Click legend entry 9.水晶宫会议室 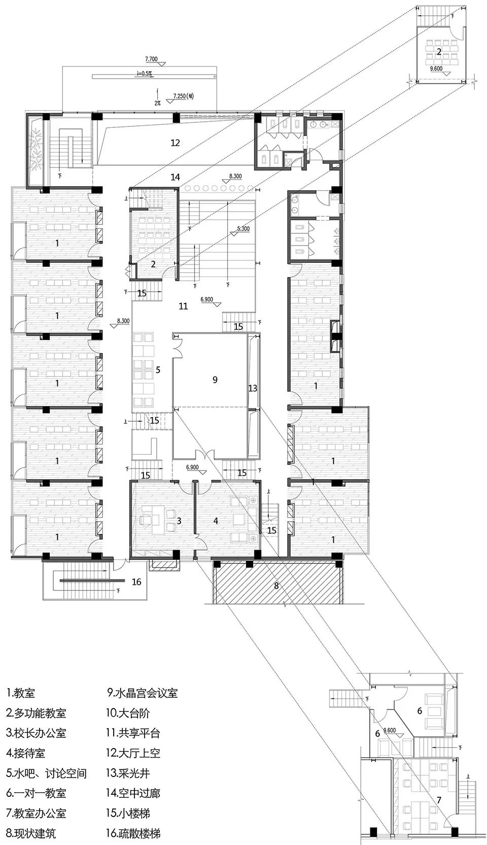pyautogui.click(x=143, y=693)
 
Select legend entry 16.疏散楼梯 pyautogui.click(x=133, y=833)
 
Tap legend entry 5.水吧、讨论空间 pyautogui.click(x=47, y=773)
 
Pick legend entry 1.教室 pyautogui.click(x=21, y=693)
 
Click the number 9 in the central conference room pyautogui.click(x=215, y=380)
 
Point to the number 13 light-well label pyautogui.click(x=253, y=388)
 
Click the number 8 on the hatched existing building pyautogui.click(x=276, y=586)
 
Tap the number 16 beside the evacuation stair pyautogui.click(x=136, y=582)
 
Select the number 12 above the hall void pyautogui.click(x=175, y=143)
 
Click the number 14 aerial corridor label pyautogui.click(x=175, y=177)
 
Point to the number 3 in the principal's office pyautogui.click(x=179, y=521)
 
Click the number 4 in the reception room pyautogui.click(x=216, y=521)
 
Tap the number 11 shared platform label pyautogui.click(x=183, y=306)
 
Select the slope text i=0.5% pyautogui.click(x=144, y=74)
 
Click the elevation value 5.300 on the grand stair pyautogui.click(x=243, y=229)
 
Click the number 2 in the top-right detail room pyautogui.click(x=439, y=52)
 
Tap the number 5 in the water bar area pyautogui.click(x=158, y=370)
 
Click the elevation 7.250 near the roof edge pyautogui.click(x=181, y=96)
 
